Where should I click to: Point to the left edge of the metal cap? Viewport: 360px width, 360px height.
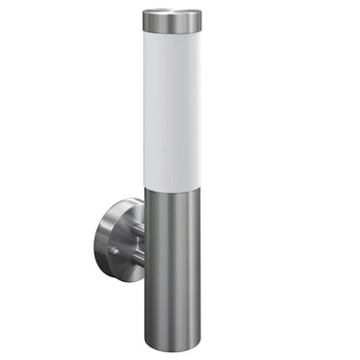pos(142,19)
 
